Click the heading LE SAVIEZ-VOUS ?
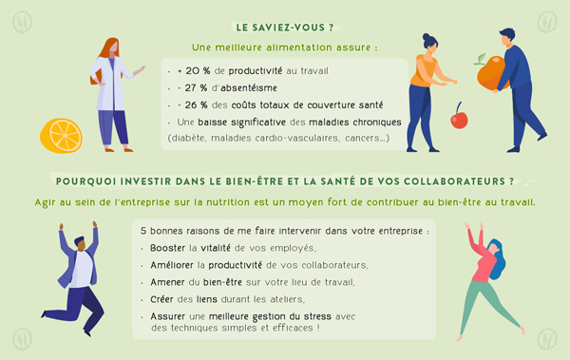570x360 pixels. click(285, 28)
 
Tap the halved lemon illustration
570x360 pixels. click(61, 136)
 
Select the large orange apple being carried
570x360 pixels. click(491, 73)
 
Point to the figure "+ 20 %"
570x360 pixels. click(194, 71)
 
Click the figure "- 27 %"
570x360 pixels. click(192, 88)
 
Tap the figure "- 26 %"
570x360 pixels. click(193, 105)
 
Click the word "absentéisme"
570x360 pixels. click(249, 88)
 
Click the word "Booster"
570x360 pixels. click(167, 248)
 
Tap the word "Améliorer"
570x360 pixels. click(172, 265)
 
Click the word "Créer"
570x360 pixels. click(161, 299)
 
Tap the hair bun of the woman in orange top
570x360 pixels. click(427, 37)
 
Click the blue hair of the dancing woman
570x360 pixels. click(498, 259)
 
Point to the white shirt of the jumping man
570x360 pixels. click(82, 270)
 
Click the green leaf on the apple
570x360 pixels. click(481, 59)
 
